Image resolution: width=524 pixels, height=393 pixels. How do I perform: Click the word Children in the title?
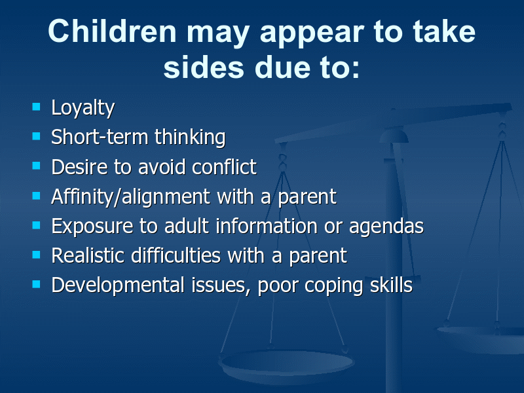[x=112, y=31]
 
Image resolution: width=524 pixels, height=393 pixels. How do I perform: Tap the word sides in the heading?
[x=204, y=67]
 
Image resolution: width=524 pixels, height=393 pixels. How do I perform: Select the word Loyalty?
[x=83, y=108]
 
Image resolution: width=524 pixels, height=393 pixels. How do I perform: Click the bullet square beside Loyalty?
[x=36, y=107]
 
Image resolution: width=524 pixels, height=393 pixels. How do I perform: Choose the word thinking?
[x=190, y=137]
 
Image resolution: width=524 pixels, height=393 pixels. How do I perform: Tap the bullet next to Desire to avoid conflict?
[x=36, y=166]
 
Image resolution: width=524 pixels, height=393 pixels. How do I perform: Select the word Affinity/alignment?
[x=130, y=196]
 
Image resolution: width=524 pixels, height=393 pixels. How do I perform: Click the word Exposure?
[x=92, y=226]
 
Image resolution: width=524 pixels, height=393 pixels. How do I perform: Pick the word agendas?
[x=386, y=226]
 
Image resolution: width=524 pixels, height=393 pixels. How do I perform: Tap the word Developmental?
[x=118, y=286]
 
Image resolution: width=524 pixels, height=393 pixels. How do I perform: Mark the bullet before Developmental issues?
[x=36, y=284]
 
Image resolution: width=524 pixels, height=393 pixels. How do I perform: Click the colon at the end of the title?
[x=356, y=69]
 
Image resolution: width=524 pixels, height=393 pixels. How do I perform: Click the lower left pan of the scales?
[x=286, y=365]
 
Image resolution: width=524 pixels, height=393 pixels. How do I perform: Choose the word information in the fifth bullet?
[x=267, y=225]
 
